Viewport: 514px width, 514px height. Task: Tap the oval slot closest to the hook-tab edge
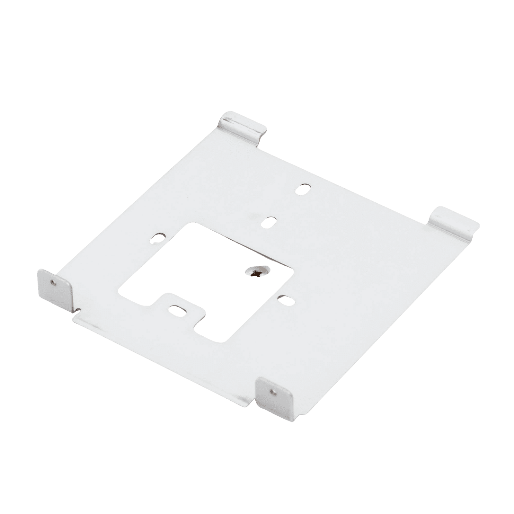[303, 189]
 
